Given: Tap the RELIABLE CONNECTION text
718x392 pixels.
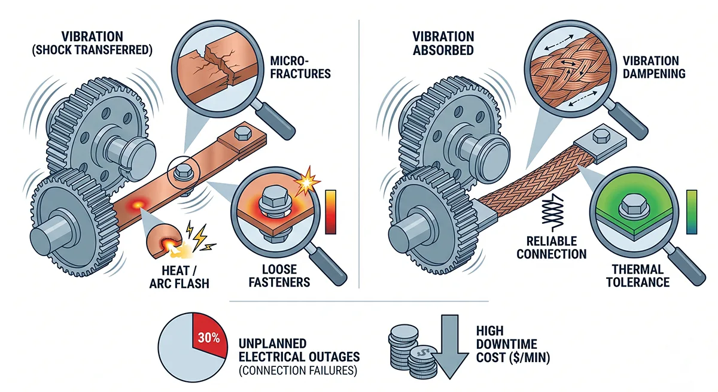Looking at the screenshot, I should click(x=556, y=247).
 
